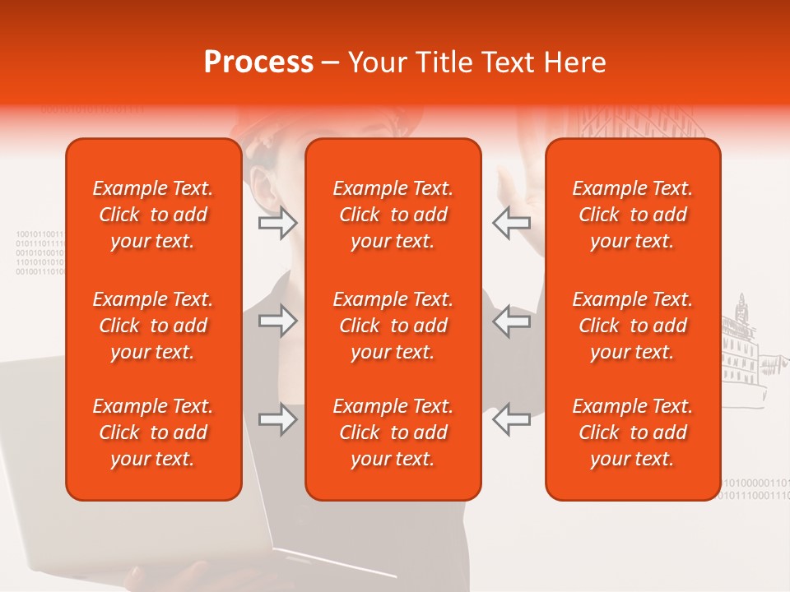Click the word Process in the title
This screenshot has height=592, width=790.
(258, 62)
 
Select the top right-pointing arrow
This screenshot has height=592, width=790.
(278, 223)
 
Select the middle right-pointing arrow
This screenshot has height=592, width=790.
(278, 321)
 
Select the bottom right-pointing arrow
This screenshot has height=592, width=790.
(278, 420)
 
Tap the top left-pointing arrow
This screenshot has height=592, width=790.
(511, 223)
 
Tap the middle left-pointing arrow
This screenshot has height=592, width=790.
(511, 321)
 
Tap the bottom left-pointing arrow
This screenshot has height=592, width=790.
(511, 420)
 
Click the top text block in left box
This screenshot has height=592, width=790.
(153, 215)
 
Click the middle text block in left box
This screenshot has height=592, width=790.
(153, 326)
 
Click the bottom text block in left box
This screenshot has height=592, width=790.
(153, 432)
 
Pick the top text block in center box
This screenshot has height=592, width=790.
(393, 215)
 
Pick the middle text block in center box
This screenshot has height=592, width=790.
(393, 326)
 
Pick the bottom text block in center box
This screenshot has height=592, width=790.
(393, 432)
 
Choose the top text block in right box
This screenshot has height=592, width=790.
(632, 215)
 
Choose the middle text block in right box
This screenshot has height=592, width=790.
(632, 326)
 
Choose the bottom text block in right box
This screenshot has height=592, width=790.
(632, 432)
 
